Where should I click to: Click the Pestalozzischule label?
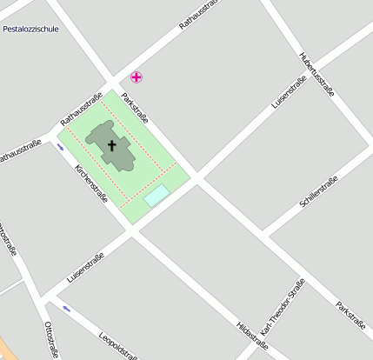tap(30, 29)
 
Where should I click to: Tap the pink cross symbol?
tap(137, 77)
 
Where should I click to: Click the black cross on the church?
tap(112, 145)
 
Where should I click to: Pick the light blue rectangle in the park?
tap(157, 196)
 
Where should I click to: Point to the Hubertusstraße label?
tap(317, 73)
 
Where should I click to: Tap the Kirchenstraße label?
tap(91, 185)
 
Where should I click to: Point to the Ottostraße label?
tap(50, 339)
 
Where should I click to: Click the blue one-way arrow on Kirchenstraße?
tap(61, 147)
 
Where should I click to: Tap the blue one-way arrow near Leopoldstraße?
tap(66, 309)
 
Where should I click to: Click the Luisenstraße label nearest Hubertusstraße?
tap(289, 92)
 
